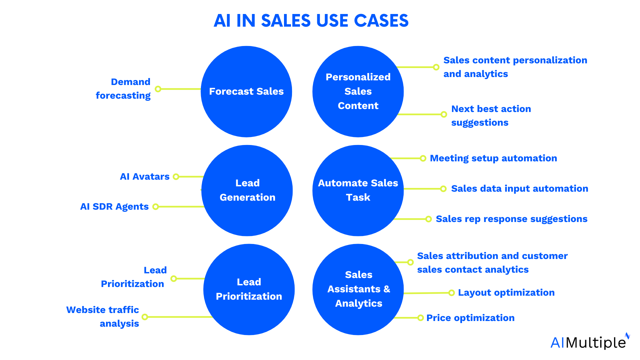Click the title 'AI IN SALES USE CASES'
pyautogui.click(x=311, y=21)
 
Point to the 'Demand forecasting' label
pyautogui.click(x=123, y=89)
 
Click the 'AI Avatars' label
pyautogui.click(x=145, y=177)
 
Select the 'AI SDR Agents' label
pyautogui.click(x=114, y=207)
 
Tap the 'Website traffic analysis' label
pyautogui.click(x=103, y=317)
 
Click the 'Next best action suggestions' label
pyautogui.click(x=491, y=116)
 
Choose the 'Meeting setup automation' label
pyautogui.click(x=493, y=158)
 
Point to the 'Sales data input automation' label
pyautogui.click(x=519, y=189)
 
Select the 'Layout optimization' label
pyautogui.click(x=506, y=293)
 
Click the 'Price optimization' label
pyautogui.click(x=470, y=318)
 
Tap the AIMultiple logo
pyautogui.click(x=589, y=342)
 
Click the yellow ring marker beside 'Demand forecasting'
pyautogui.click(x=158, y=89)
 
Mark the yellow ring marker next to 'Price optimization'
pyautogui.click(x=421, y=318)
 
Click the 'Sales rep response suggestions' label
pyautogui.click(x=511, y=219)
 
